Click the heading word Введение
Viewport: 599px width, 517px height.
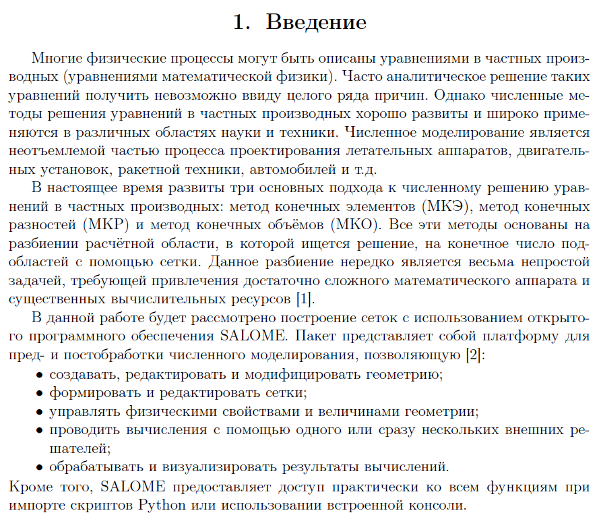coord(316,22)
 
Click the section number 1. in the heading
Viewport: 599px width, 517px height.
coord(242,22)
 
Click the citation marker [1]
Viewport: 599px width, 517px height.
coord(303,297)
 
